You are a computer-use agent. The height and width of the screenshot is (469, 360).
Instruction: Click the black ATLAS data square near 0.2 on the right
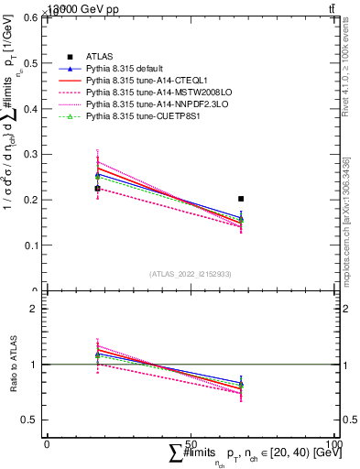pos(241,199)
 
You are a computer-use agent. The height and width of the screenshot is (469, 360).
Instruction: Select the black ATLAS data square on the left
pos(97,189)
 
